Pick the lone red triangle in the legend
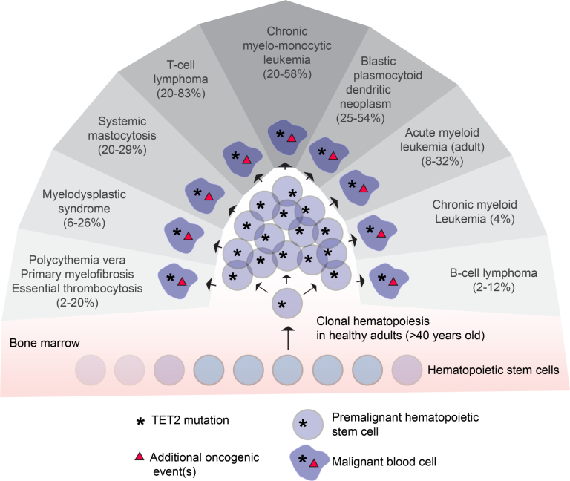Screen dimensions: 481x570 click(139, 456)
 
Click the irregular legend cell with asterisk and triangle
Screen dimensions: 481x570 click(308, 461)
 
